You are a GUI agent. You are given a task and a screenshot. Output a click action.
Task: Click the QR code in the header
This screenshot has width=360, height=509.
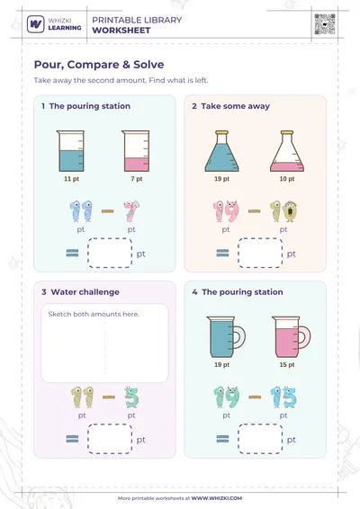[x=325, y=24]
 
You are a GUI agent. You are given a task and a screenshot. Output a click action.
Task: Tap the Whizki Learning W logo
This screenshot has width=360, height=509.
[x=36, y=24]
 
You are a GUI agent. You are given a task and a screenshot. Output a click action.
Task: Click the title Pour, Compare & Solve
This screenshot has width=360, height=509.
[x=99, y=64]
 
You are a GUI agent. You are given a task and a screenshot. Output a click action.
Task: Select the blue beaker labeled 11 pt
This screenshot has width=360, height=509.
[x=71, y=151]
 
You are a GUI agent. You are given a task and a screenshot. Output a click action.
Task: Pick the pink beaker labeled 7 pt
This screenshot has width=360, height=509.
[x=136, y=151]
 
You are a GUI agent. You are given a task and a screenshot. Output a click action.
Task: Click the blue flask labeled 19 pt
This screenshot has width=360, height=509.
[x=221, y=151]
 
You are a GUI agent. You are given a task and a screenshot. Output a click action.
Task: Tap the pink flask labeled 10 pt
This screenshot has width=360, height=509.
[x=287, y=151]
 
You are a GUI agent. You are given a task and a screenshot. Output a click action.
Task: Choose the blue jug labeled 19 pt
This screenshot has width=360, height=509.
[x=226, y=337]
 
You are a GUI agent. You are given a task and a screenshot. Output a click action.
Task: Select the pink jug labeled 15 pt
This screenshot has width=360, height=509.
[x=292, y=337]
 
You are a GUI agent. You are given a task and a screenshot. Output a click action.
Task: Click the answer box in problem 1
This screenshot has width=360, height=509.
[x=110, y=254]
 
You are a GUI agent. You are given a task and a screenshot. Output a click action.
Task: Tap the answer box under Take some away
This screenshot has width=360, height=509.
[x=260, y=254]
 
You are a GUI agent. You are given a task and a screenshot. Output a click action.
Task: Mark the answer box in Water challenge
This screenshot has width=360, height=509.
[x=110, y=439]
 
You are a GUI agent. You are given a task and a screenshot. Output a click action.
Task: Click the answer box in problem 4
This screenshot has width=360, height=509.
[x=260, y=439]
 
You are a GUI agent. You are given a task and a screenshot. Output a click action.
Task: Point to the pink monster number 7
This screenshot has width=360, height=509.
[x=131, y=211]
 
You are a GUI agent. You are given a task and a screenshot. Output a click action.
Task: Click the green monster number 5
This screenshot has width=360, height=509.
[x=131, y=397]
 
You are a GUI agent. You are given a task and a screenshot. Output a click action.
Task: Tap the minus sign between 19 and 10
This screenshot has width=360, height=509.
[x=255, y=211]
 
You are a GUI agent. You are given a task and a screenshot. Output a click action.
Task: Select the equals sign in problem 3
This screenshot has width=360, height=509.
[x=72, y=439]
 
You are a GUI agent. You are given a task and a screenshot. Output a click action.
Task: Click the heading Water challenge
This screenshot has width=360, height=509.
[x=85, y=292]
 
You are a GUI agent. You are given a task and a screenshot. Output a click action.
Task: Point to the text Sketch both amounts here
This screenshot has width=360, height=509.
[x=94, y=314]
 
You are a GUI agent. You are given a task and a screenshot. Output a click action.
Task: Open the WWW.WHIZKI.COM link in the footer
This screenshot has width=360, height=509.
[x=216, y=498]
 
